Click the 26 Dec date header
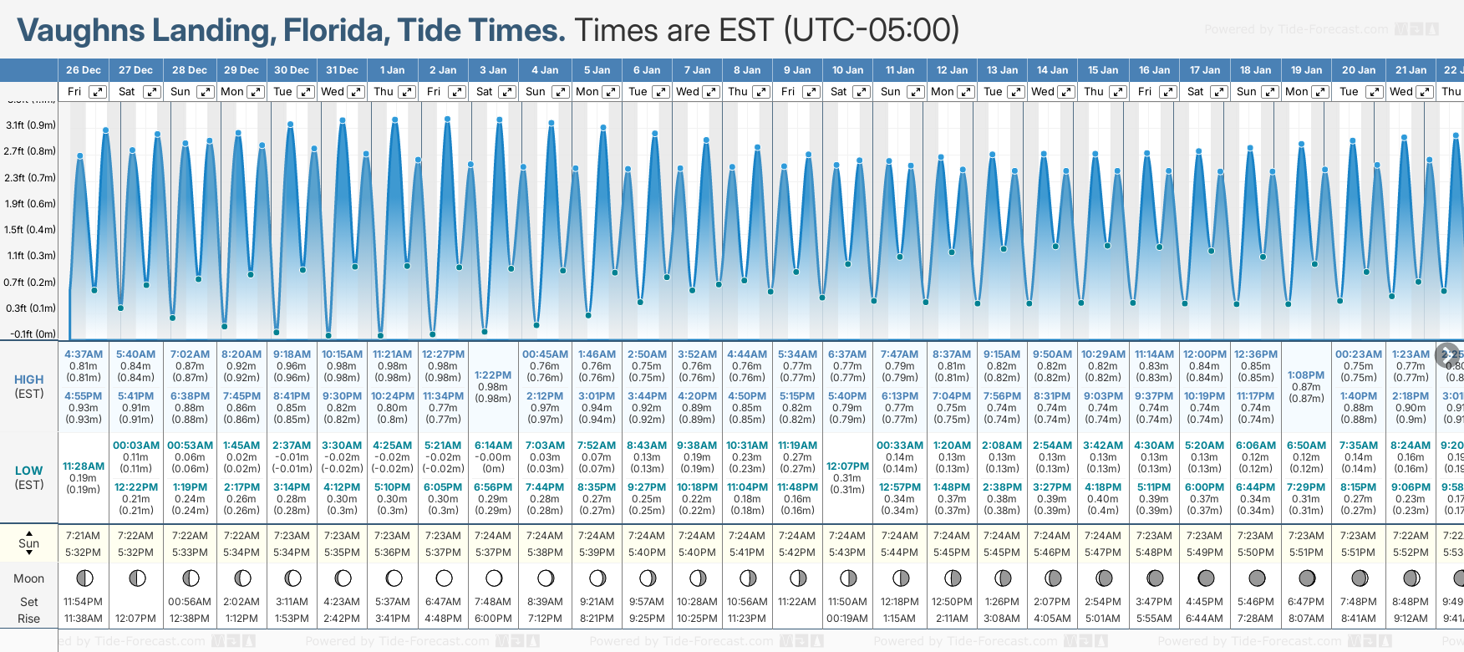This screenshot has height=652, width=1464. (84, 70)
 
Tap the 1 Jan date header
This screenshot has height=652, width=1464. (392, 70)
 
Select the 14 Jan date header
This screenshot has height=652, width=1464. (1052, 70)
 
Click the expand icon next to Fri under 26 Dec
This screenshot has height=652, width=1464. (98, 92)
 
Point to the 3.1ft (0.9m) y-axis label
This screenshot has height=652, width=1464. (30, 125)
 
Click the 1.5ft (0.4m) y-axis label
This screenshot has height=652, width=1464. (30, 230)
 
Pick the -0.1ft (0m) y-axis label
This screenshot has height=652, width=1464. (33, 334)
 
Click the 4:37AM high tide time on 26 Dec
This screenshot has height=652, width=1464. (84, 354)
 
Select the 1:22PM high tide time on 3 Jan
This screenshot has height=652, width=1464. (493, 375)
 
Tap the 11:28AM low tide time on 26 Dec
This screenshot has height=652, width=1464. (84, 466)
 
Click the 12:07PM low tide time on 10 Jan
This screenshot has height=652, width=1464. (847, 466)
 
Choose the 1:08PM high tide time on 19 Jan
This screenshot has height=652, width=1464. (1306, 375)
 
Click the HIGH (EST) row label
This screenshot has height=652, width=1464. (29, 386)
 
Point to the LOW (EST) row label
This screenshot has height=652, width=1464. (29, 477)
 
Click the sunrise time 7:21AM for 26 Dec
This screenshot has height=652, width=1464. (84, 536)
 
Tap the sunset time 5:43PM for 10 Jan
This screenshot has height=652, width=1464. (847, 553)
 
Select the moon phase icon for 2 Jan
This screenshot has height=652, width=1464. (444, 578)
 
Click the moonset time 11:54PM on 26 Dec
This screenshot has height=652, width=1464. (84, 602)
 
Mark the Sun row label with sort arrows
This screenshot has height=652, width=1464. (29, 543)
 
